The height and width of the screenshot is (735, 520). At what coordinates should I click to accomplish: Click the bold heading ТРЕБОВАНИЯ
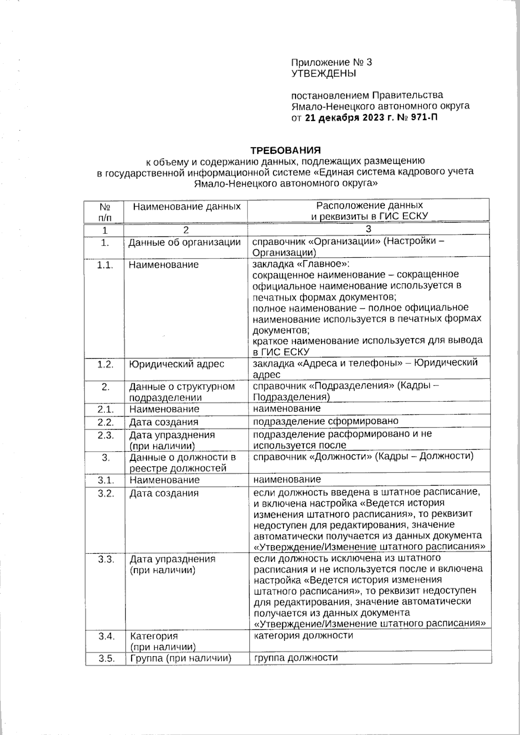point(286,150)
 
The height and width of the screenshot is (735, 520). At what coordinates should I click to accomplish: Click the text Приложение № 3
point(331,62)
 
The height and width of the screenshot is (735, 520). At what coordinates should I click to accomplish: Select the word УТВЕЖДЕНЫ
point(323,74)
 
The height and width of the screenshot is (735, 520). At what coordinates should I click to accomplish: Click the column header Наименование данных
point(186,207)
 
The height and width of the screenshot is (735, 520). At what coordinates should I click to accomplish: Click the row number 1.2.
point(105,364)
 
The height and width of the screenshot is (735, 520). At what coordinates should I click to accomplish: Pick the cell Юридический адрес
point(176,364)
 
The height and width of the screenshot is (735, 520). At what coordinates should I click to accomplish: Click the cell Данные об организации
point(185,243)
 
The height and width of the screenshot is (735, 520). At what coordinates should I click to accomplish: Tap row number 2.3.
point(105,435)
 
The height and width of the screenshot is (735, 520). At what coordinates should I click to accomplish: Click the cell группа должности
point(296,658)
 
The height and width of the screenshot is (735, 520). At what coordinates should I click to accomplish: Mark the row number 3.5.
point(106,659)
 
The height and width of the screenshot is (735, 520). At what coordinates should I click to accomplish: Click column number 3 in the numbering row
point(369,229)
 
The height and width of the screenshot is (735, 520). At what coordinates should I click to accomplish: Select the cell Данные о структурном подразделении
point(182,392)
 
